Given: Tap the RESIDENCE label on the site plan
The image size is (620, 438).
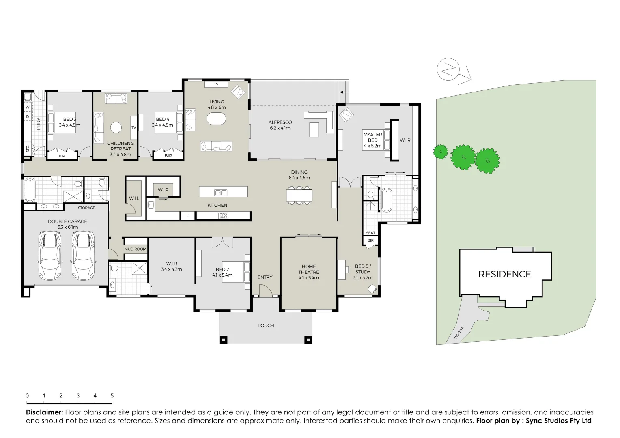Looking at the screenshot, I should pos(504,275).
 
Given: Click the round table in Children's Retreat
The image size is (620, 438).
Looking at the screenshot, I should pos(116,127).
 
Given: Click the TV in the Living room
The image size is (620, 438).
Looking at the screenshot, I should pos(216,84).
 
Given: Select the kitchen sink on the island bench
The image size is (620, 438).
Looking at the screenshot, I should pos(221,193).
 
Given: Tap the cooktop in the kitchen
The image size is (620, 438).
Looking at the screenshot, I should pos(223,216).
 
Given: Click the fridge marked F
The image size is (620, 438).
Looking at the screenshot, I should pos(187,216).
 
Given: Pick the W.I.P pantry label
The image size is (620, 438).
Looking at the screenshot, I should pos(163,190).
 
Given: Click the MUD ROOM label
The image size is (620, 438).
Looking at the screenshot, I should pos(135,249).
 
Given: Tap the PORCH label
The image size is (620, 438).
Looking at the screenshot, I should pos(266,326).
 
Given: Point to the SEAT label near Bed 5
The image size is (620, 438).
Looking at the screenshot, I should pos(370,233).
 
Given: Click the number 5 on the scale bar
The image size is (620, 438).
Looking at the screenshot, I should pos(112,396).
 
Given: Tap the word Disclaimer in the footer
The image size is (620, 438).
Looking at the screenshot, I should pos(44,412).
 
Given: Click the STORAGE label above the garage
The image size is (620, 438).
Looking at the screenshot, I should pos(86,208).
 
